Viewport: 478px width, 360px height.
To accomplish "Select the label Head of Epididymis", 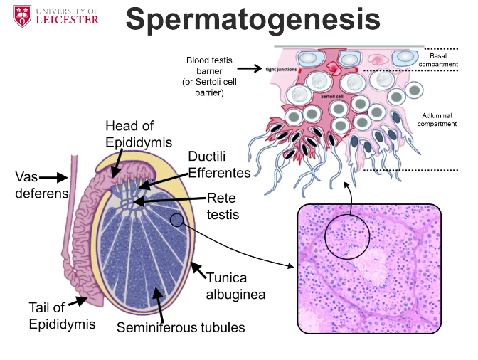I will coord(139,133).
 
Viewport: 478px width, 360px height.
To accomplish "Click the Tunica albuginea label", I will coord(235,284).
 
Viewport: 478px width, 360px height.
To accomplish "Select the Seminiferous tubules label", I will coord(180,327).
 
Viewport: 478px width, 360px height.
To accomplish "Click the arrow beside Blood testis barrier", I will coord(250,69).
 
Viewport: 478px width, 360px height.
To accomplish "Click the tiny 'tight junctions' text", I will coord(280,69).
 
